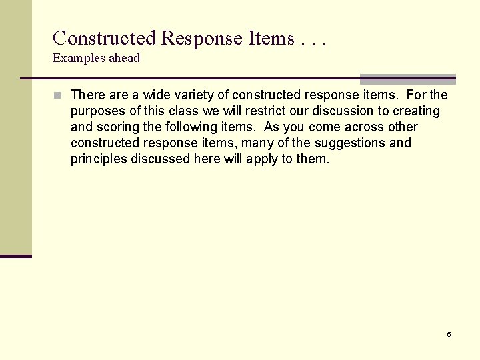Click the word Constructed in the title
(104, 38)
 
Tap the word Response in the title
(202, 38)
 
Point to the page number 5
(449, 334)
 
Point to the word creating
(416, 111)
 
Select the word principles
(99, 159)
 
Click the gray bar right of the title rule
(408, 79)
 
